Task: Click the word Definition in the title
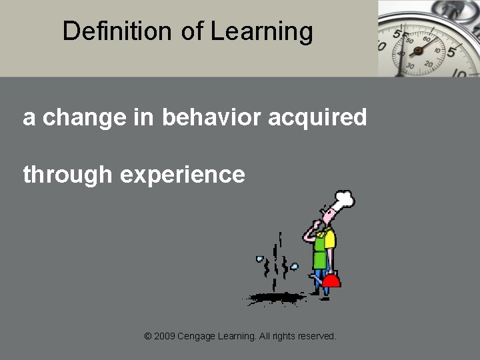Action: click(x=117, y=31)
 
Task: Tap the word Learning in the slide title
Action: click(x=261, y=31)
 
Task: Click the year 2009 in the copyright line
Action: click(x=165, y=336)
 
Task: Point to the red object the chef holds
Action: click(x=331, y=279)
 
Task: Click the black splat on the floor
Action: click(x=273, y=297)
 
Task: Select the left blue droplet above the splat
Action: click(x=260, y=259)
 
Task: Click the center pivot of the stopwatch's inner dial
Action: click(x=418, y=50)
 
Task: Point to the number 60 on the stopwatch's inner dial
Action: click(x=424, y=39)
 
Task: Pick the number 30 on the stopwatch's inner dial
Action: click(x=411, y=65)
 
